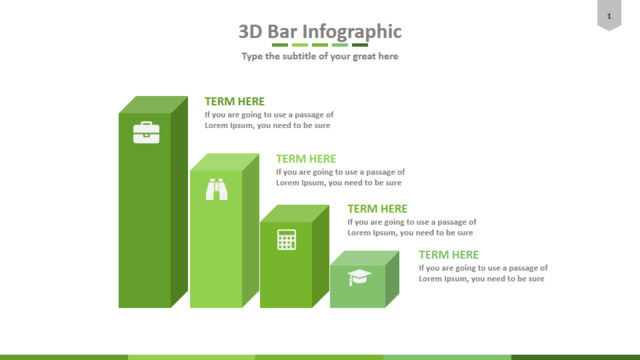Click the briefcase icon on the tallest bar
point(146,132)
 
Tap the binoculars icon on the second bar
point(216,189)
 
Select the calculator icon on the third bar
point(287,239)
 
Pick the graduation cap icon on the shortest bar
point(359,277)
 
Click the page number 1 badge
point(609,16)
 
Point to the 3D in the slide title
point(250,31)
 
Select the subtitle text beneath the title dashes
point(320,56)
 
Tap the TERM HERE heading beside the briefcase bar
point(235,101)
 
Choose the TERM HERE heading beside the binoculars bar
point(306,159)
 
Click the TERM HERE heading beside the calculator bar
point(377,209)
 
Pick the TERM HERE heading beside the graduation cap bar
point(449,255)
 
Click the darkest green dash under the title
point(360,45)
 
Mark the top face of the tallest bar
point(153,105)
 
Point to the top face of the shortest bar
point(364,258)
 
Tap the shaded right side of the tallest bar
point(180,202)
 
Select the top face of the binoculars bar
point(224,162)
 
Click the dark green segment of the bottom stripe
point(576,358)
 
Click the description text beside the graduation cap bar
point(483,273)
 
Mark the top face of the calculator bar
point(295,213)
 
